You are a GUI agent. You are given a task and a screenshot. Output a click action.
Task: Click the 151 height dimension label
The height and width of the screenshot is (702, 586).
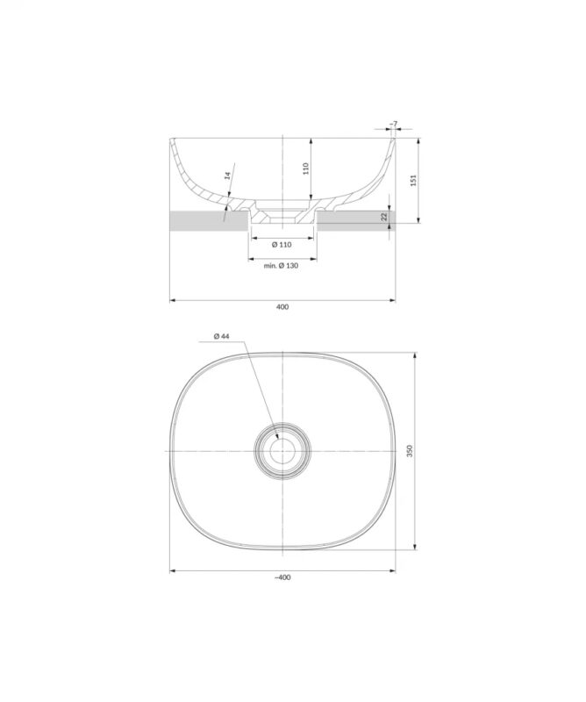click(x=414, y=181)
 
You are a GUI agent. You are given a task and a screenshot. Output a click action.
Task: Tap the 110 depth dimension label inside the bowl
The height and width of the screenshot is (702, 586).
click(x=306, y=168)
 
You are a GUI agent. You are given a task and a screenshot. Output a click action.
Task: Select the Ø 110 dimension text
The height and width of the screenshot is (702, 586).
click(x=282, y=245)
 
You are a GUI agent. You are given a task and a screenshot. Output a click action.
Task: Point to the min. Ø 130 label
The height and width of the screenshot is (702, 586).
click(x=281, y=266)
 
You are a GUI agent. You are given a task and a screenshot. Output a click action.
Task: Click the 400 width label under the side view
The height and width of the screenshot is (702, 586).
click(x=282, y=307)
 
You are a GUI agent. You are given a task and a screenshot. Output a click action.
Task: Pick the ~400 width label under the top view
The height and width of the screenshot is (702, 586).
click(x=282, y=577)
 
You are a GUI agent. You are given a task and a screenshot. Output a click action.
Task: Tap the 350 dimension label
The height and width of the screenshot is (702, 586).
click(x=410, y=451)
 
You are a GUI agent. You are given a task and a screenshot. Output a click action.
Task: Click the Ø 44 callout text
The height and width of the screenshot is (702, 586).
click(x=222, y=336)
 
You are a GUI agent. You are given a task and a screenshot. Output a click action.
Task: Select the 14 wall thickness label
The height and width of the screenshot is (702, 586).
click(x=227, y=175)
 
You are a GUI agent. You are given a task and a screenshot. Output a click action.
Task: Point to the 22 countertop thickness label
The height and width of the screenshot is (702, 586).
click(x=384, y=217)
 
